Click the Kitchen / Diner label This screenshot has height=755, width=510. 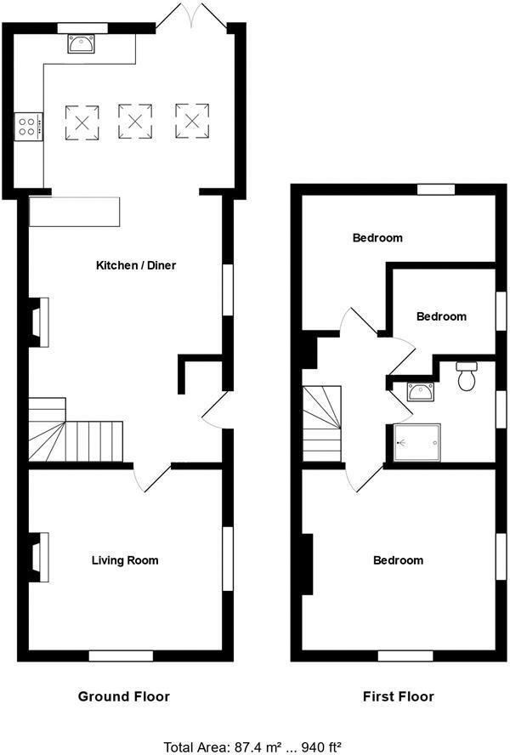pyautogui.click(x=136, y=266)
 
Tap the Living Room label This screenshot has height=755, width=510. pyautogui.click(x=125, y=560)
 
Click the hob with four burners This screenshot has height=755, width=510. pyautogui.click(x=27, y=127)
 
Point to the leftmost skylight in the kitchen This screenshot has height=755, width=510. pyautogui.click(x=82, y=122)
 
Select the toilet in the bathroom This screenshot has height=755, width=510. pyautogui.click(x=466, y=377)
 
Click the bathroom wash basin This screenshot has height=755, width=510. pyautogui.click(x=420, y=391)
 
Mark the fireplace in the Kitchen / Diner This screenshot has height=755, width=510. pyautogui.click(x=38, y=321)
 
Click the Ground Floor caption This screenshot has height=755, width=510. pyautogui.click(x=124, y=696)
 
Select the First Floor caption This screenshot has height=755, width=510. pyautogui.click(x=398, y=696)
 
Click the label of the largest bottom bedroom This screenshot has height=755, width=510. pyautogui.click(x=398, y=560)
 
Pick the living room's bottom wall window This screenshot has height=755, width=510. pyautogui.click(x=122, y=656)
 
